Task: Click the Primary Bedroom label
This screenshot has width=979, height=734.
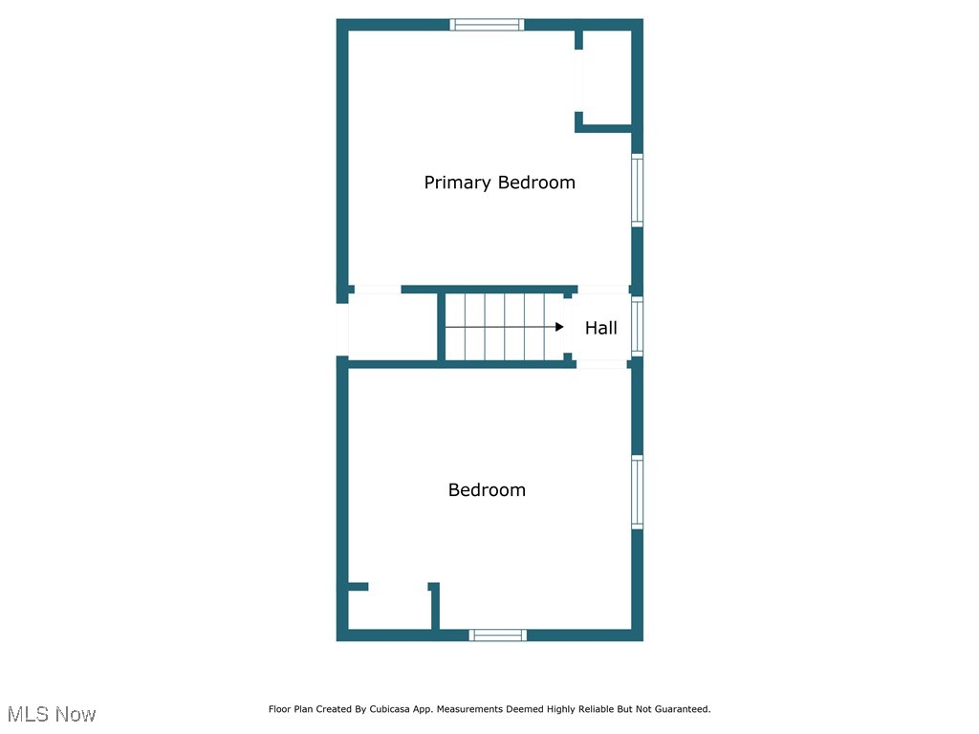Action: pos(499,183)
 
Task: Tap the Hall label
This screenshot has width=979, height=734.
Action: pos(600,328)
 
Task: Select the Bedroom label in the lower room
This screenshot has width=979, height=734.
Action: pos(487,490)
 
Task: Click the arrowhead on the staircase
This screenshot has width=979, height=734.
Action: pos(559,327)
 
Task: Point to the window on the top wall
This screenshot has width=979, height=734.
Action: pos(487,25)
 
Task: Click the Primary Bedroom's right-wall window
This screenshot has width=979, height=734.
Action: pos(637,191)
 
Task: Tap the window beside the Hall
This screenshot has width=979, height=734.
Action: pos(637,327)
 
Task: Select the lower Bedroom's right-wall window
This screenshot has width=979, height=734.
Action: pos(637,492)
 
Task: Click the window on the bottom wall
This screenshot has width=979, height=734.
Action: pos(498,635)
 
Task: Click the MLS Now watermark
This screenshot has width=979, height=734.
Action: pos(52,714)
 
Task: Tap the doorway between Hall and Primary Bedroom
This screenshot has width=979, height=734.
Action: pos(602,290)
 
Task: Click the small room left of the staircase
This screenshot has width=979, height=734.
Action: pos(392,327)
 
